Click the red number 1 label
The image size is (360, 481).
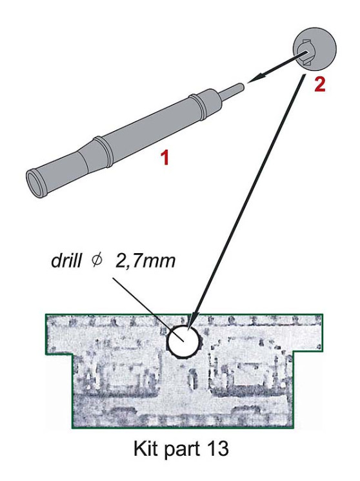[165, 158]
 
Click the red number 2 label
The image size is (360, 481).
[319, 84]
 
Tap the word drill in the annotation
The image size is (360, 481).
[66, 261]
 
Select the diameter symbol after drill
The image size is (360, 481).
[96, 261]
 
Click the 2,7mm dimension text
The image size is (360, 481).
[145, 261]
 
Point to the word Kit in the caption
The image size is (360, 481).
[146, 449]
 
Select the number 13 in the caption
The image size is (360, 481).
[217, 449]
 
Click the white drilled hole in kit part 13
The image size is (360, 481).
[183, 341]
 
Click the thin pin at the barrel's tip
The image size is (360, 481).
[233, 90]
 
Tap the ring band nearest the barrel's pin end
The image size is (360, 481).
[197, 107]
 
